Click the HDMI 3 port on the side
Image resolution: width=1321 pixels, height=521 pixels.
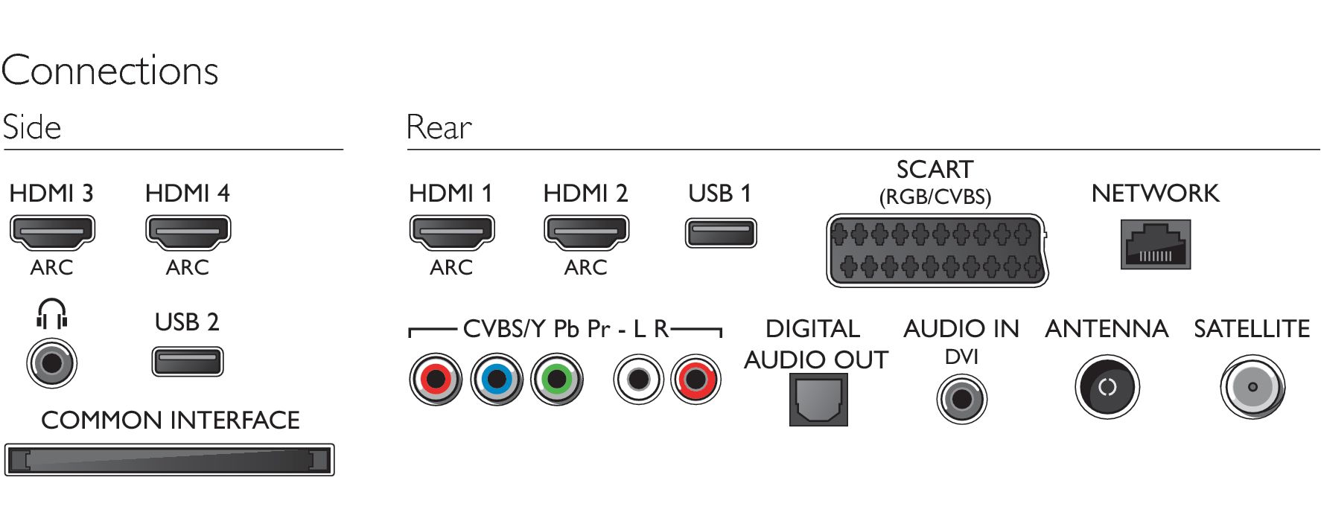(52, 233)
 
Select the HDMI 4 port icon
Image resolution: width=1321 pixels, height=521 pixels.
(188, 233)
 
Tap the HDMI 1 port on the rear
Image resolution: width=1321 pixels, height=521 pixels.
(451, 233)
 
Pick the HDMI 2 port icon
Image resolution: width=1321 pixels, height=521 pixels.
(586, 233)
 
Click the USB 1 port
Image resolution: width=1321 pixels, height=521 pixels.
(720, 233)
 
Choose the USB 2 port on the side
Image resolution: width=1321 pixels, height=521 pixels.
(188, 362)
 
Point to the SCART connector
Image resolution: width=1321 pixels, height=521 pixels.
(937, 251)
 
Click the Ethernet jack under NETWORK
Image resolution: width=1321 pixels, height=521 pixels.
(1155, 244)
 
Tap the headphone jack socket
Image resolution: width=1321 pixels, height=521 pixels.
(52, 363)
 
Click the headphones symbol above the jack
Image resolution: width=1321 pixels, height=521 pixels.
(52, 313)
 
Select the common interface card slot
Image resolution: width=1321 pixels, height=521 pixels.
(169, 460)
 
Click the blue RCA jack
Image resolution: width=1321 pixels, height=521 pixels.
(497, 380)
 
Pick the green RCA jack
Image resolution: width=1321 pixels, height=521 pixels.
(557, 380)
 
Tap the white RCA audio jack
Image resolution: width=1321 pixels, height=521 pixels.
(638, 380)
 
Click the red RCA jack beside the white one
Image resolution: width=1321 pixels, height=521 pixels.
(695, 380)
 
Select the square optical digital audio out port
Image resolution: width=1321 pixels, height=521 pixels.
(818, 400)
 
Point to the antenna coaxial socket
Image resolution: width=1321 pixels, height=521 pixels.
(1107, 387)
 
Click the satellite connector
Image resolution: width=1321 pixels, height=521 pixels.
(1252, 387)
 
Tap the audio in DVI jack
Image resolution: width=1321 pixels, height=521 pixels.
(961, 399)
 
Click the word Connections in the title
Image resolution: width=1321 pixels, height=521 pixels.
(109, 71)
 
